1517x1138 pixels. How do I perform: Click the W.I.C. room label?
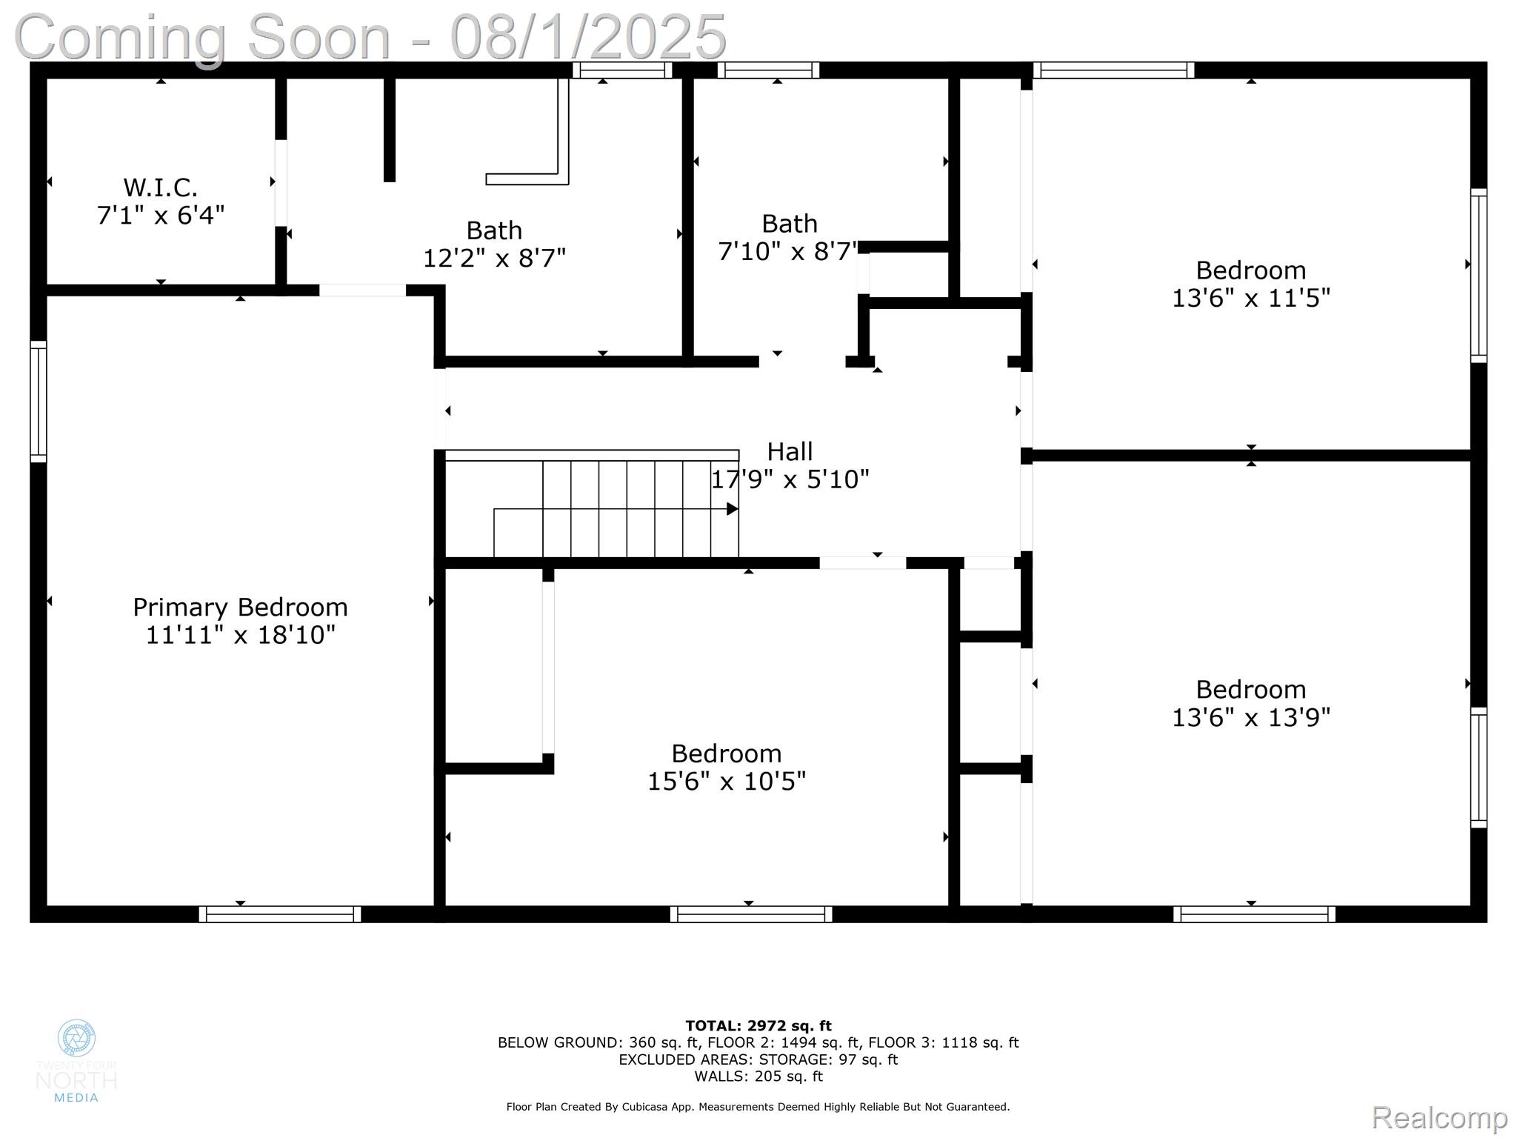(x=160, y=187)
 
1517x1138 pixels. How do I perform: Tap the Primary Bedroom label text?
(x=240, y=608)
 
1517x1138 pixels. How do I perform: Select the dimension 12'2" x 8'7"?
(x=494, y=259)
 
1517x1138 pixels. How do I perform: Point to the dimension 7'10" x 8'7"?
(x=787, y=252)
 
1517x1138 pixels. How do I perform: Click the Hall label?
(x=790, y=451)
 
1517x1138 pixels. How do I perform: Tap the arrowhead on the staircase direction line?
(x=733, y=509)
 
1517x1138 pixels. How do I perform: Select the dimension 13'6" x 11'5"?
(x=1250, y=299)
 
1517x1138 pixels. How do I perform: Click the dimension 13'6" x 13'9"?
(x=1250, y=718)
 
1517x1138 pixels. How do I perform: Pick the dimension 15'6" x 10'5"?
(x=726, y=782)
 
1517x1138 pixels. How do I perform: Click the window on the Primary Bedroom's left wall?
(x=38, y=402)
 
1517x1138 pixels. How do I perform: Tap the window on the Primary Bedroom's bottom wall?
(x=280, y=914)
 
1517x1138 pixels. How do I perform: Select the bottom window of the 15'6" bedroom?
(x=751, y=914)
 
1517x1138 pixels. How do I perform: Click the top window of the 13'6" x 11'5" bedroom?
(x=1113, y=70)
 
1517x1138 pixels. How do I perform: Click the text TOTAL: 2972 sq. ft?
(x=758, y=1026)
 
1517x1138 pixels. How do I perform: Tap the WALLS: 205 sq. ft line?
(x=758, y=1077)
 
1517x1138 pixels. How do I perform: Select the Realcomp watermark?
(x=1438, y=1117)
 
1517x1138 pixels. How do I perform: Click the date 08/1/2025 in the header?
(x=588, y=37)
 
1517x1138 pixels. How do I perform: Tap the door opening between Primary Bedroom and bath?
(x=362, y=290)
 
